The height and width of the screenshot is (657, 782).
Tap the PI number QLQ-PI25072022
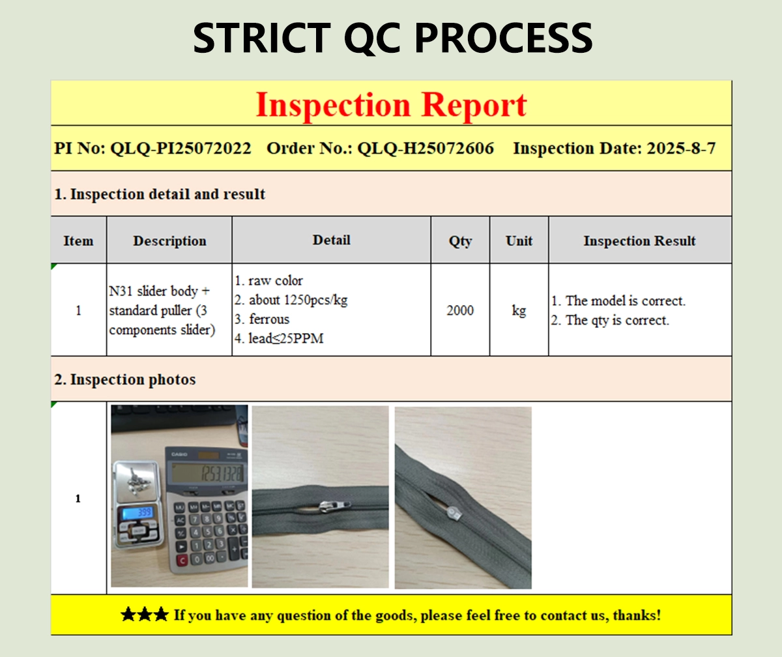pyautogui.click(x=181, y=149)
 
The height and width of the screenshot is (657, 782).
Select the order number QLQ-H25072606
pyautogui.click(x=426, y=149)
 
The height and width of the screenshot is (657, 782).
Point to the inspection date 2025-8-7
pyautogui.click(x=681, y=149)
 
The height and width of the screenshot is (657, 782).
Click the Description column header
pyautogui.click(x=169, y=241)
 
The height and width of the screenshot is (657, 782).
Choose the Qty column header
pyautogui.click(x=460, y=241)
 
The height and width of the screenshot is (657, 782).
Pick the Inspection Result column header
pyautogui.click(x=639, y=241)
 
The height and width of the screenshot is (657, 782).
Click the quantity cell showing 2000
pyautogui.click(x=460, y=310)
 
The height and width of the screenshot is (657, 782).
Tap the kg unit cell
pyautogui.click(x=519, y=311)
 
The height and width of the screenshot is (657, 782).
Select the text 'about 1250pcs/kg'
pyautogui.click(x=298, y=300)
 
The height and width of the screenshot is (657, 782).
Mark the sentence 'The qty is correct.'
pyautogui.click(x=617, y=320)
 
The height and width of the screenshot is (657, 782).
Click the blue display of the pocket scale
pyautogui.click(x=138, y=512)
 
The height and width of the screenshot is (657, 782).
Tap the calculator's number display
pyautogui.click(x=208, y=473)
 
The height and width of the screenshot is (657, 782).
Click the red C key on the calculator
pyautogui.click(x=182, y=561)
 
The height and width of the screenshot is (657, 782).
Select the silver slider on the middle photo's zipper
pyautogui.click(x=334, y=506)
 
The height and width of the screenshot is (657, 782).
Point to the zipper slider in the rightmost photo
pyautogui.click(x=454, y=513)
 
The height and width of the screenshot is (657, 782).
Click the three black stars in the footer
pyautogui.click(x=145, y=614)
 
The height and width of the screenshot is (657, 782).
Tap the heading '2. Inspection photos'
pyautogui.click(x=125, y=379)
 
